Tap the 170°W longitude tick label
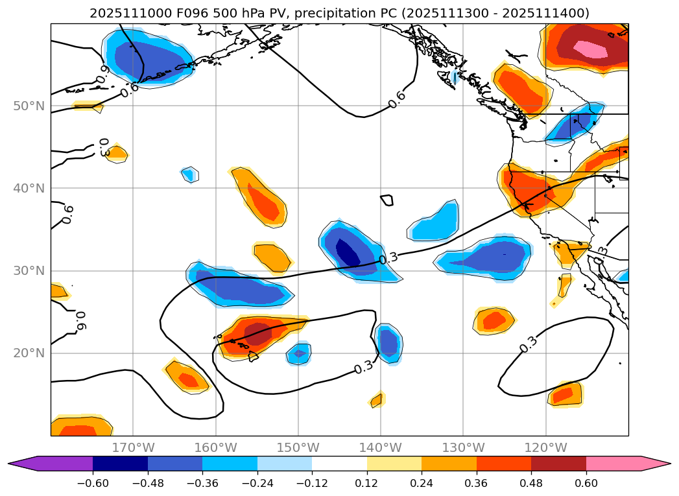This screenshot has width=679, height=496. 133,447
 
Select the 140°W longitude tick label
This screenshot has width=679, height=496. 381,447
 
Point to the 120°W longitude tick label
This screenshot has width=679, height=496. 545,447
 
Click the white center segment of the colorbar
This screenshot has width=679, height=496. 339,464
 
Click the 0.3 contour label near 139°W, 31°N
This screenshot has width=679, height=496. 388,259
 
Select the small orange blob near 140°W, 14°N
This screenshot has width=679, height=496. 376,401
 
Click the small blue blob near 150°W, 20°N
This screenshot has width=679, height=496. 299,354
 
